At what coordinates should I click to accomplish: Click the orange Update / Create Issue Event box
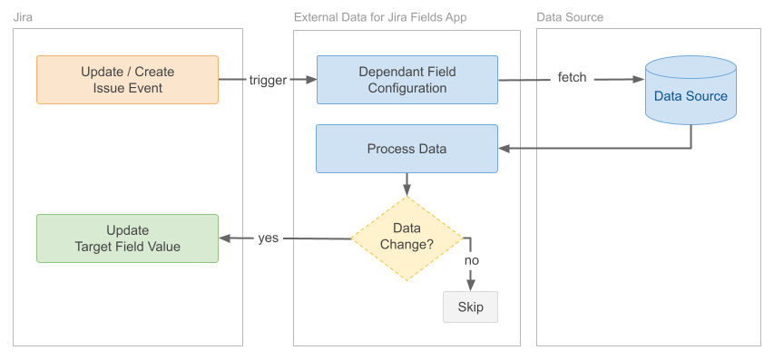(x=127, y=80)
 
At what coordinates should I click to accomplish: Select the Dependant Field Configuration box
(x=407, y=80)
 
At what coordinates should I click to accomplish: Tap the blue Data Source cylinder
(x=691, y=91)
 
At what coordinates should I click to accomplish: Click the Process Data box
(x=407, y=149)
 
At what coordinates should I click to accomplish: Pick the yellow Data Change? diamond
(x=407, y=238)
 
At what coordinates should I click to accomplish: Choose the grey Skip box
(x=470, y=306)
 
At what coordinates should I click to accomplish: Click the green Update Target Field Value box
(x=127, y=238)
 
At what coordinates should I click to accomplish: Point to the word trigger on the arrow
(x=268, y=80)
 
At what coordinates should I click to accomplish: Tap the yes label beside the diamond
(x=268, y=238)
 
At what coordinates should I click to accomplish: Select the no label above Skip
(x=471, y=260)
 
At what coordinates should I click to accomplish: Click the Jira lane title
(x=24, y=17)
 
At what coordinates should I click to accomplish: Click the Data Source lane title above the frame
(x=570, y=17)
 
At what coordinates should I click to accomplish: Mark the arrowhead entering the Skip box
(x=471, y=285)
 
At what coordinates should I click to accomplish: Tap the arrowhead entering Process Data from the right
(x=505, y=148)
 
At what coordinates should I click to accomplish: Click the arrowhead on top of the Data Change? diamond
(x=407, y=190)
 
